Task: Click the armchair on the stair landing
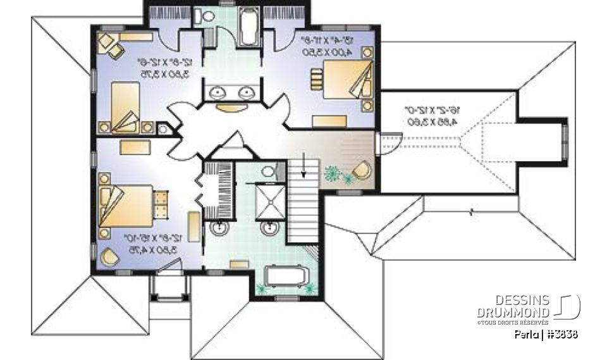point(362,171)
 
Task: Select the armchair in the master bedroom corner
point(110,257)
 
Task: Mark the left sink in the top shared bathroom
point(218,93)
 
